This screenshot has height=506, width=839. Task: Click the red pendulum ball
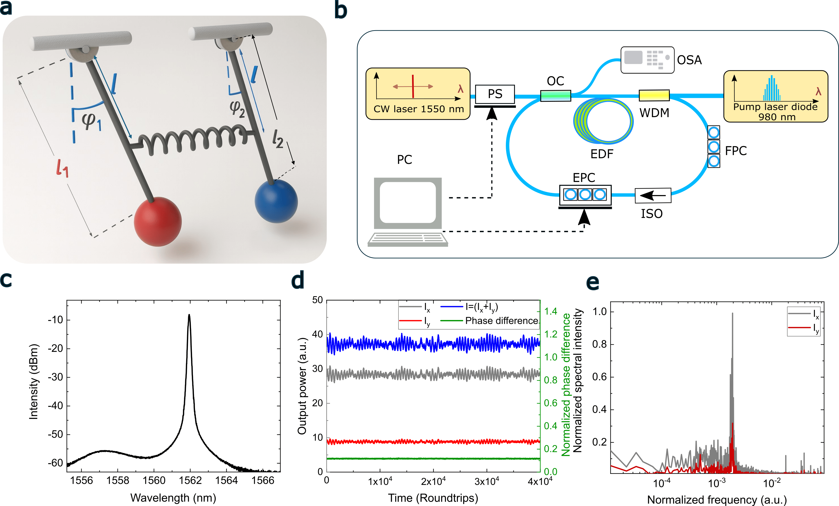[x=157, y=221]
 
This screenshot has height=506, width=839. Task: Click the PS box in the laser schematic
[x=495, y=94]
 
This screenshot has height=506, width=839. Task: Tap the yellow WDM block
[x=654, y=95]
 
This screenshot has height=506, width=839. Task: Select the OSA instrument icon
[x=647, y=60]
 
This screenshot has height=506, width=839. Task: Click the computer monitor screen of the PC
[x=408, y=202]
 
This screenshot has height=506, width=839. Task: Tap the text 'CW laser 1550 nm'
[x=418, y=109]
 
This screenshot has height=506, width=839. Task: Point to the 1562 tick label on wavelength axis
[x=190, y=480]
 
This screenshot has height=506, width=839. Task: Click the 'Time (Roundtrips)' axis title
[x=433, y=498]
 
